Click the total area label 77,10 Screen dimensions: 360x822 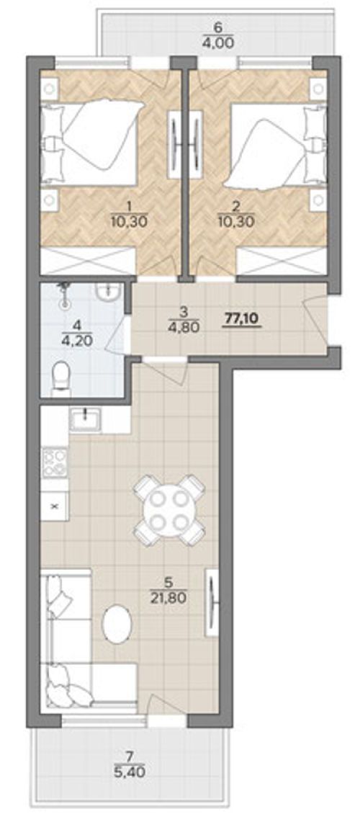tap(242, 318)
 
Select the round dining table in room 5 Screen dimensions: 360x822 tap(168, 509)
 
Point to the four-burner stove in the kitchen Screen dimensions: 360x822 tap(55, 463)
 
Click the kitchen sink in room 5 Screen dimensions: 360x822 tap(86, 419)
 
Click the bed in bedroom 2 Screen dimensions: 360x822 tap(278, 145)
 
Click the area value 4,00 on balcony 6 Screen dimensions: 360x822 tap(217, 41)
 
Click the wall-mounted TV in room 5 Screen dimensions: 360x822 tap(212, 602)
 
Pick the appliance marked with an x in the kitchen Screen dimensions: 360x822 tap(55, 506)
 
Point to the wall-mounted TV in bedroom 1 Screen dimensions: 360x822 tap(174, 143)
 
